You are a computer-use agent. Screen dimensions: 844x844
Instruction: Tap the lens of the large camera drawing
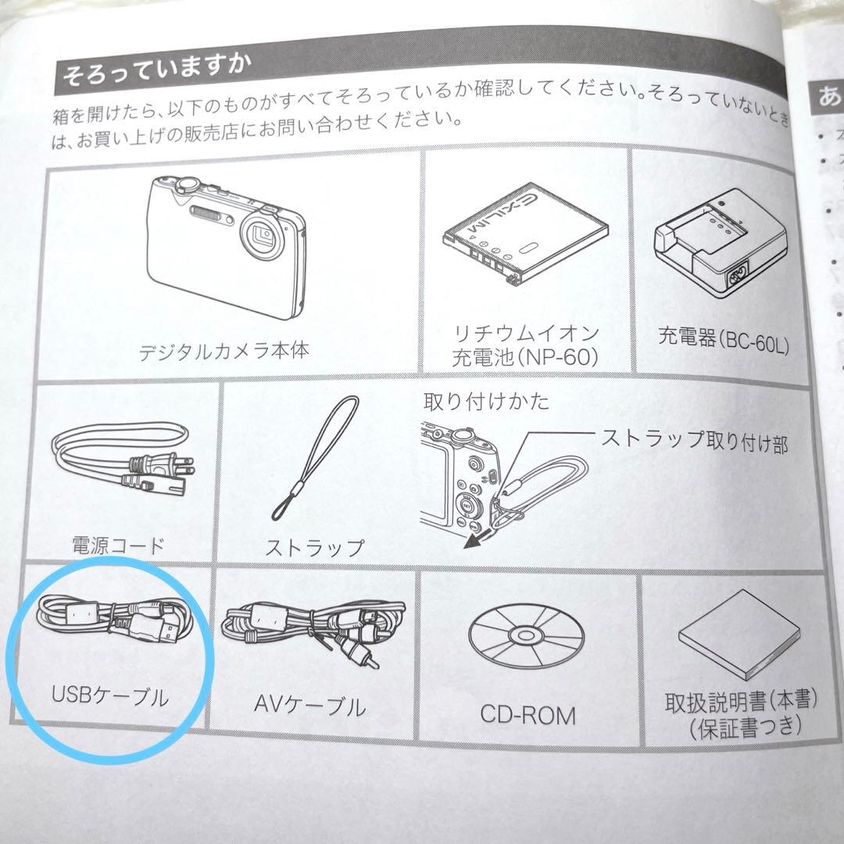click(263, 234)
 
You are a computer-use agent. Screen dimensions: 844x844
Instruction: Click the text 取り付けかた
click(486, 402)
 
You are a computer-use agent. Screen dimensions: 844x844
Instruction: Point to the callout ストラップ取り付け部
click(694, 442)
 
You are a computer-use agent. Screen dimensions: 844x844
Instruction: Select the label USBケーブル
click(109, 695)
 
